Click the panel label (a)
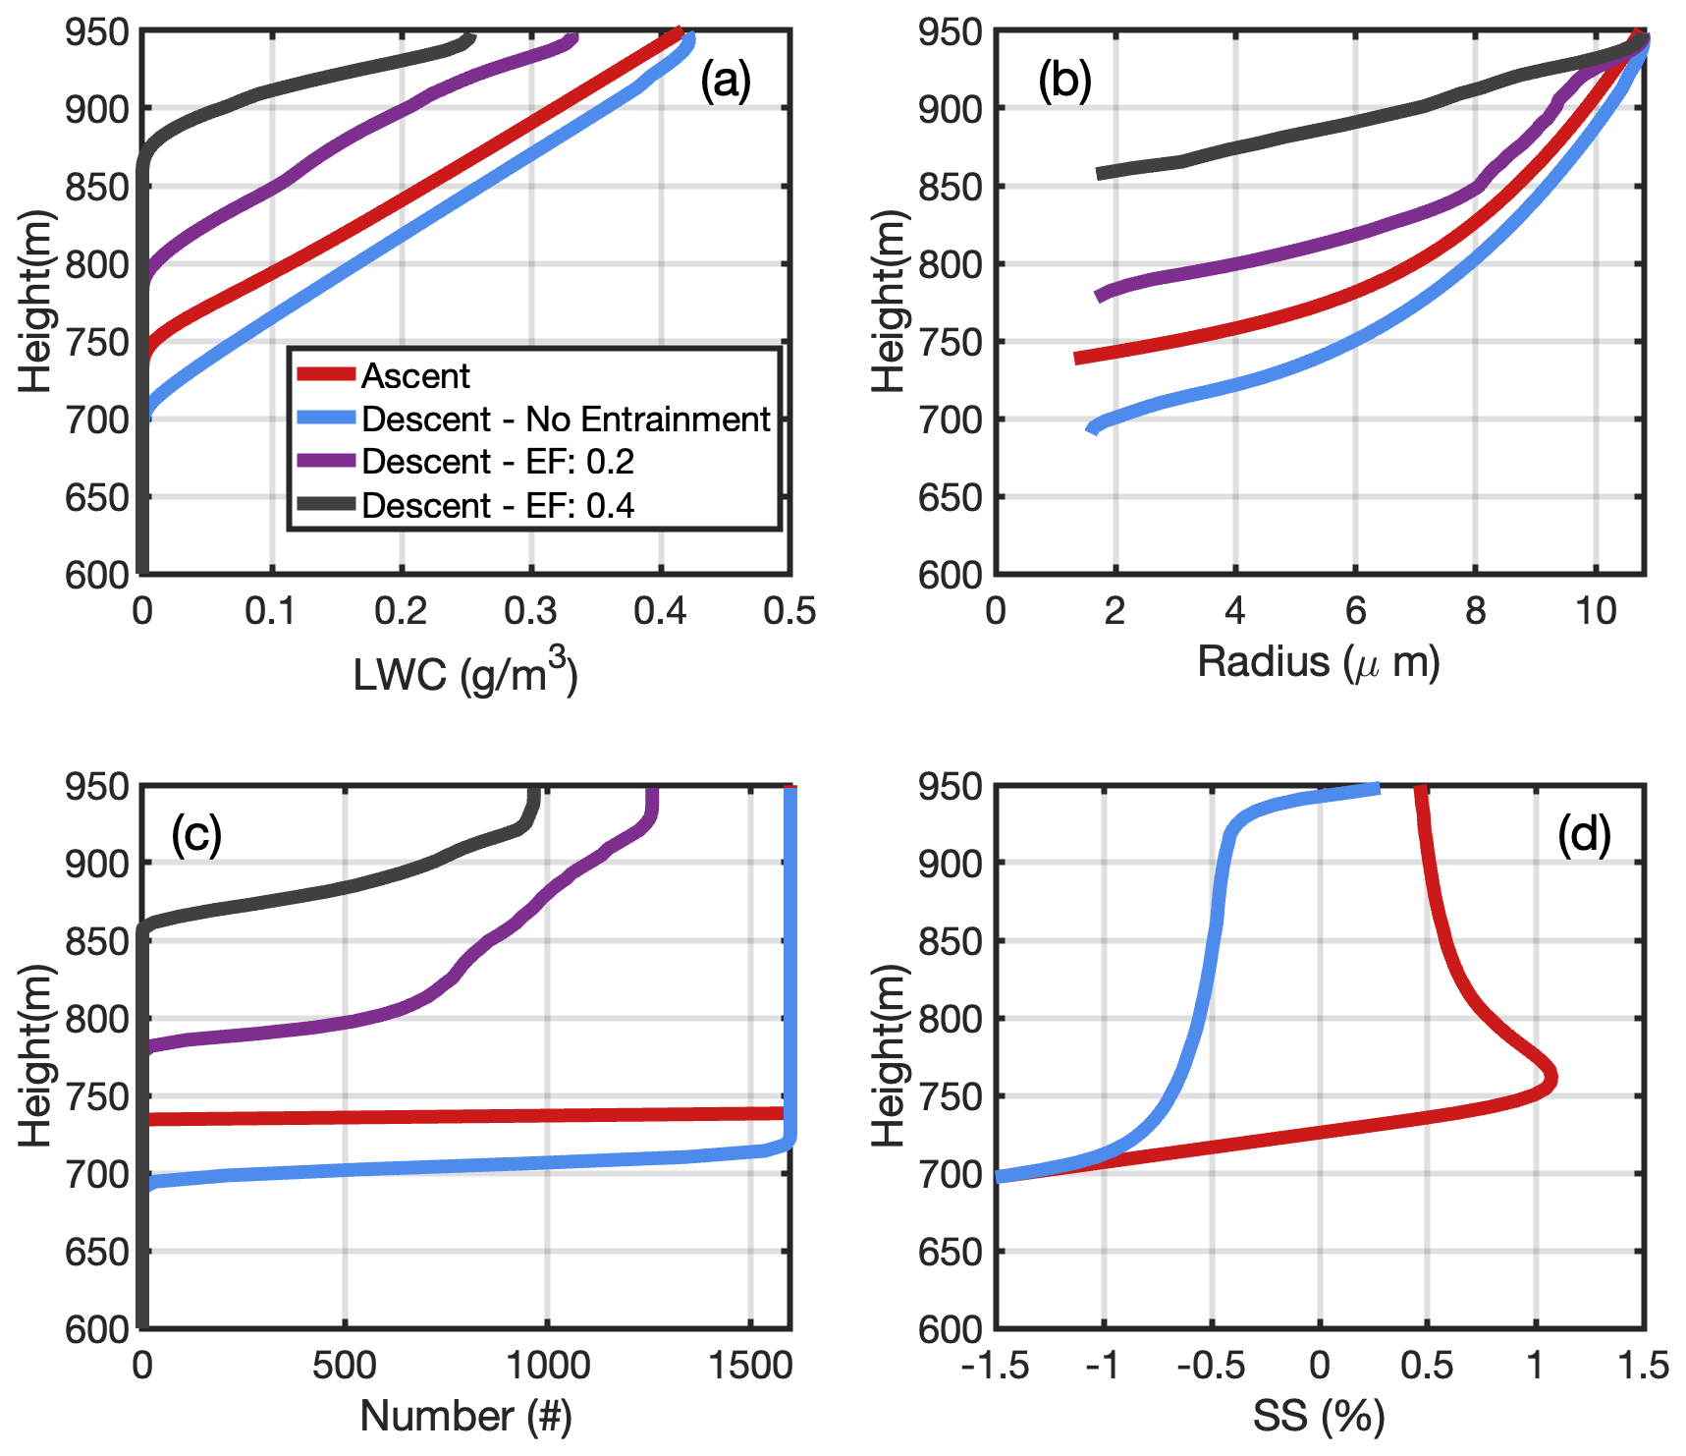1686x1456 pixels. pyautogui.click(x=725, y=81)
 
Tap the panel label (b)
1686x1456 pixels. pyautogui.click(x=1064, y=81)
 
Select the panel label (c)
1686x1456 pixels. pyautogui.click(x=196, y=834)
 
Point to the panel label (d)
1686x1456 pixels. pyautogui.click(x=1584, y=834)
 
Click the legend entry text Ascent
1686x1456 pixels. pyautogui.click(x=415, y=375)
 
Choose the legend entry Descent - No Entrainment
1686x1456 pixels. pyautogui.click(x=566, y=420)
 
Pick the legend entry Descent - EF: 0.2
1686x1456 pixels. pyautogui.click(x=498, y=462)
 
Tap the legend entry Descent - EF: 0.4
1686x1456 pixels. pyautogui.click(x=498, y=505)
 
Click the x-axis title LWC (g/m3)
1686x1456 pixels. pyautogui.click(x=465, y=673)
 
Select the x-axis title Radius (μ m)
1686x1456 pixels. pyautogui.click(x=1318, y=663)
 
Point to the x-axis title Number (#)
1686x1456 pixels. pyautogui.click(x=465, y=1416)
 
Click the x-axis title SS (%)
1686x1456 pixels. pyautogui.click(x=1318, y=1416)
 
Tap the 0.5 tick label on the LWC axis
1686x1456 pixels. pyautogui.click(x=789, y=612)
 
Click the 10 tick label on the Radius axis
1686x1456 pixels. pyautogui.click(x=1596, y=612)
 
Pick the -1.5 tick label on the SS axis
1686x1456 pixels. pyautogui.click(x=997, y=1366)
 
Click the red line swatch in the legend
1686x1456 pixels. pyautogui.click(x=326, y=374)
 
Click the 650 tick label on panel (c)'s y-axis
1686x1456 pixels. pyautogui.click(x=97, y=1251)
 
